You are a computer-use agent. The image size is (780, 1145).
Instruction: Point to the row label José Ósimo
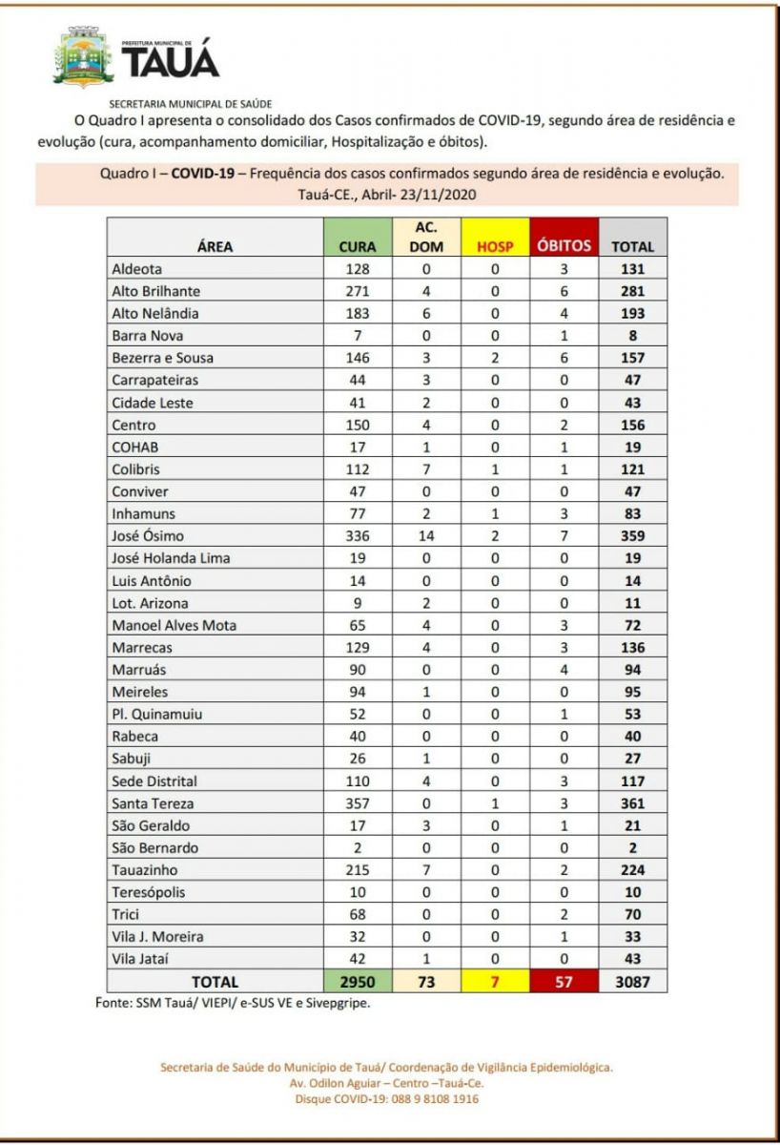coord(148,535)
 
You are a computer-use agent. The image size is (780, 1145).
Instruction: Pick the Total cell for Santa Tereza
coord(633,803)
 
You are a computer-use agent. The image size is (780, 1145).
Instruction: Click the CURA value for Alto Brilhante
coord(358,291)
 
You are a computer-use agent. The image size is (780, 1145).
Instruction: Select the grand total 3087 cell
coord(633,981)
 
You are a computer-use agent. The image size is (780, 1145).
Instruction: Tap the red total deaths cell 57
coord(564,981)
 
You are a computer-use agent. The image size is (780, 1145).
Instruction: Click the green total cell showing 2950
coord(358,981)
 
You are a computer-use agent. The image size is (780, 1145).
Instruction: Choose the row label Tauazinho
coord(145,870)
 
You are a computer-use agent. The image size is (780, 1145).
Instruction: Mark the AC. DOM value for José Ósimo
coord(426,535)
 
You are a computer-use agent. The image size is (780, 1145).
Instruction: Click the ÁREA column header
coord(215,246)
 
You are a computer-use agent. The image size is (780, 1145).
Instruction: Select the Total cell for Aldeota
coord(633,269)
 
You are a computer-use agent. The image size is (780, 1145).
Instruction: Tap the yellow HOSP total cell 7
coord(495,981)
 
